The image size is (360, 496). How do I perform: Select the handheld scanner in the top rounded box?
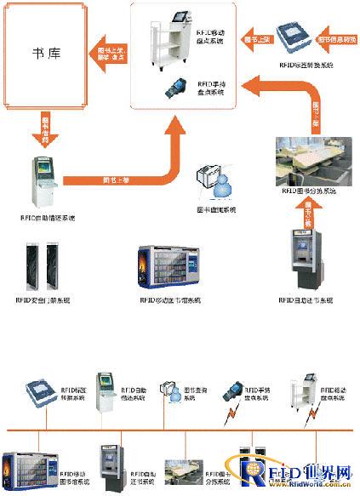point(180,88)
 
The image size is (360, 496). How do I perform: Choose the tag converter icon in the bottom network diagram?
point(40,394)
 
